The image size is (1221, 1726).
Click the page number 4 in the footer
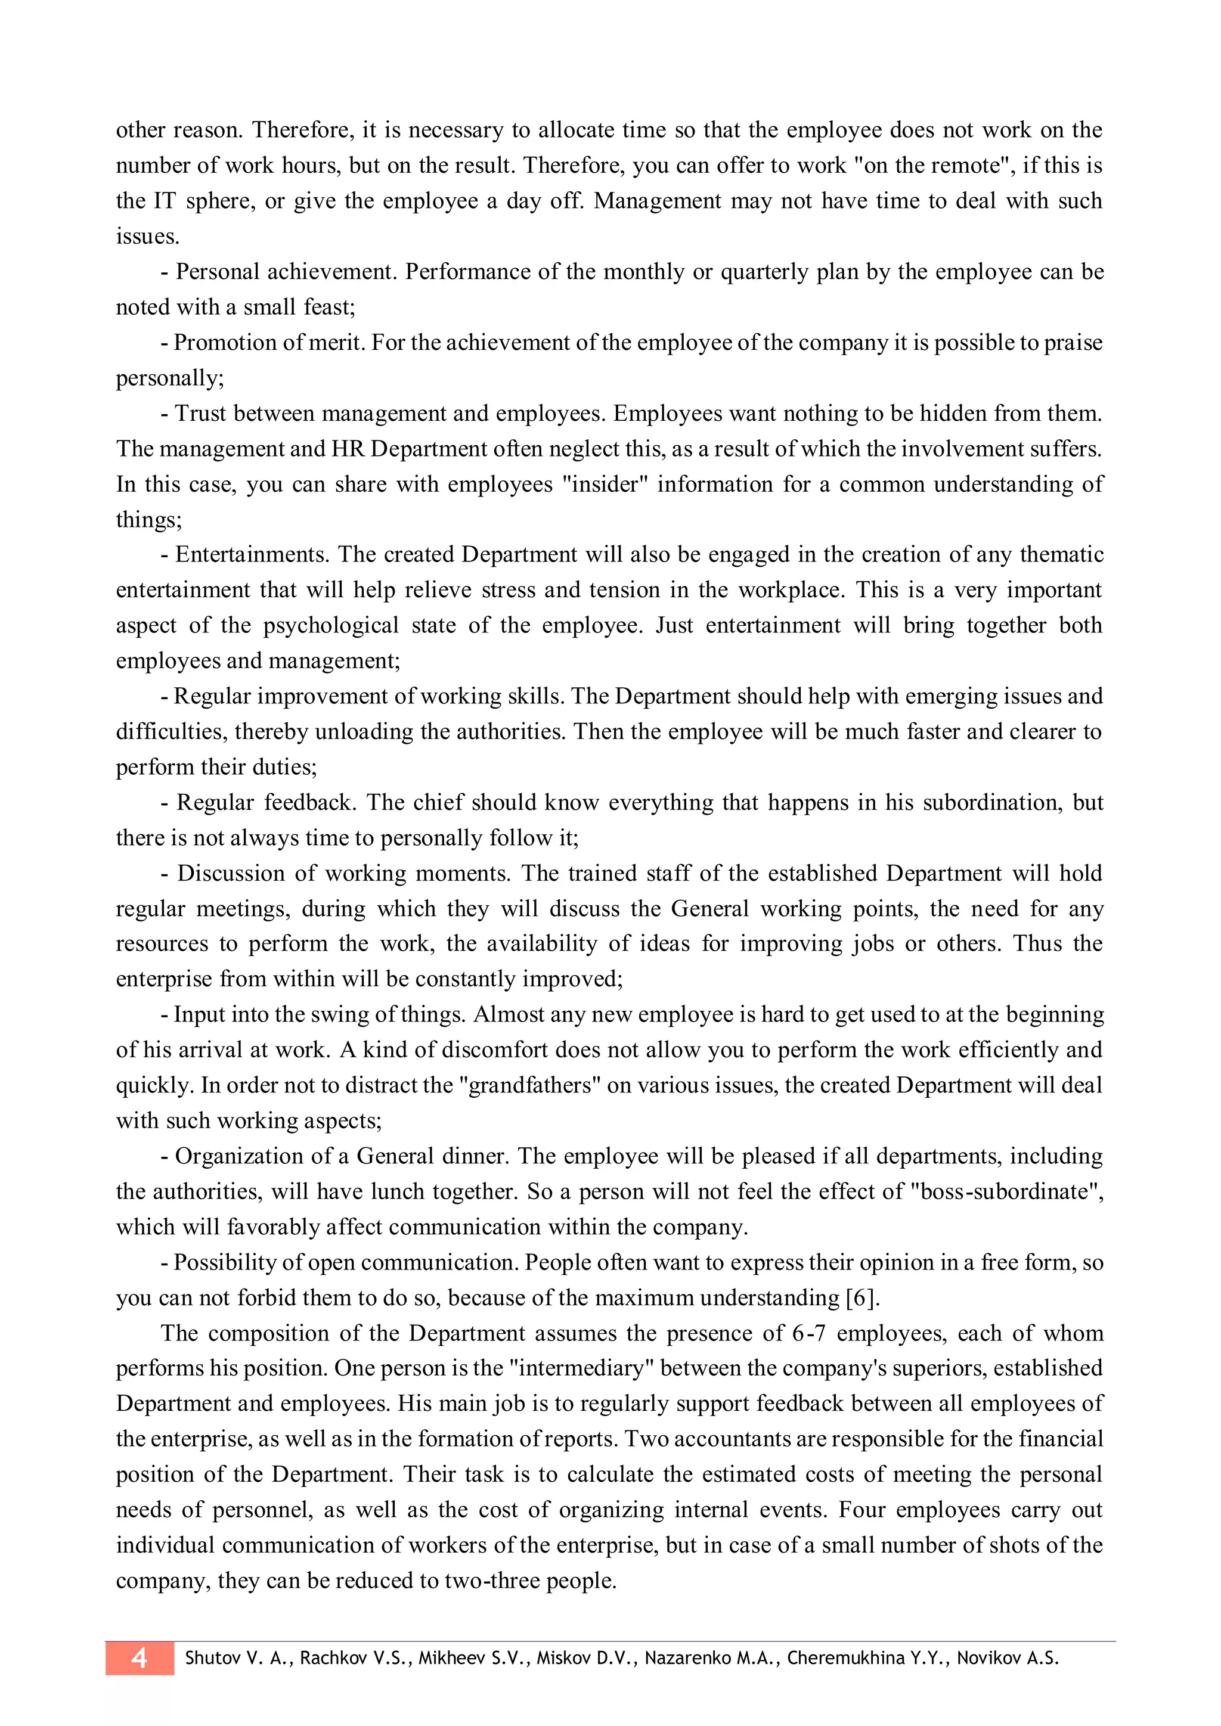click(x=139, y=1658)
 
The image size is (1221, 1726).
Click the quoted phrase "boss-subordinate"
click(x=1005, y=1191)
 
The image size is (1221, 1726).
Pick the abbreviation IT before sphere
click(x=165, y=201)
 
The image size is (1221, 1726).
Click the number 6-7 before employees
click(x=809, y=1333)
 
